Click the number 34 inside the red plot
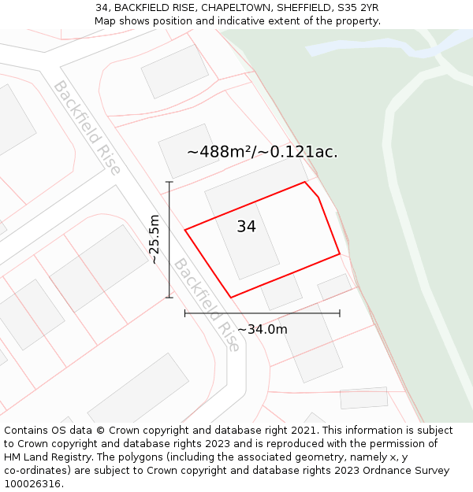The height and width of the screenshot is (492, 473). tap(246, 227)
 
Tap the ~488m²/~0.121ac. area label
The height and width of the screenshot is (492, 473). tap(262, 152)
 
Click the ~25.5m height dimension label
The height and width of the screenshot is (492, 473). tap(155, 239)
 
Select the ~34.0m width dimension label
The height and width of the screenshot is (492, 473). tap(262, 329)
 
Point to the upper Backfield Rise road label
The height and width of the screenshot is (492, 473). tap(87, 128)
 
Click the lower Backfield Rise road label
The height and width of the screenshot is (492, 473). tap(207, 305)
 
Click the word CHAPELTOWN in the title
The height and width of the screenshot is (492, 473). tap(240, 8)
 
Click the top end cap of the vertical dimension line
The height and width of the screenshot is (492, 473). tap(169, 182)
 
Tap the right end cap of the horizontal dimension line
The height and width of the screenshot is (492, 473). tap(340, 313)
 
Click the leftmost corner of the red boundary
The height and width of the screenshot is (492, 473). tap(185, 230)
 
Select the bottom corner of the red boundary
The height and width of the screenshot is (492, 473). tap(231, 298)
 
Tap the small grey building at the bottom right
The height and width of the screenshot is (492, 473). tap(363, 398)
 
